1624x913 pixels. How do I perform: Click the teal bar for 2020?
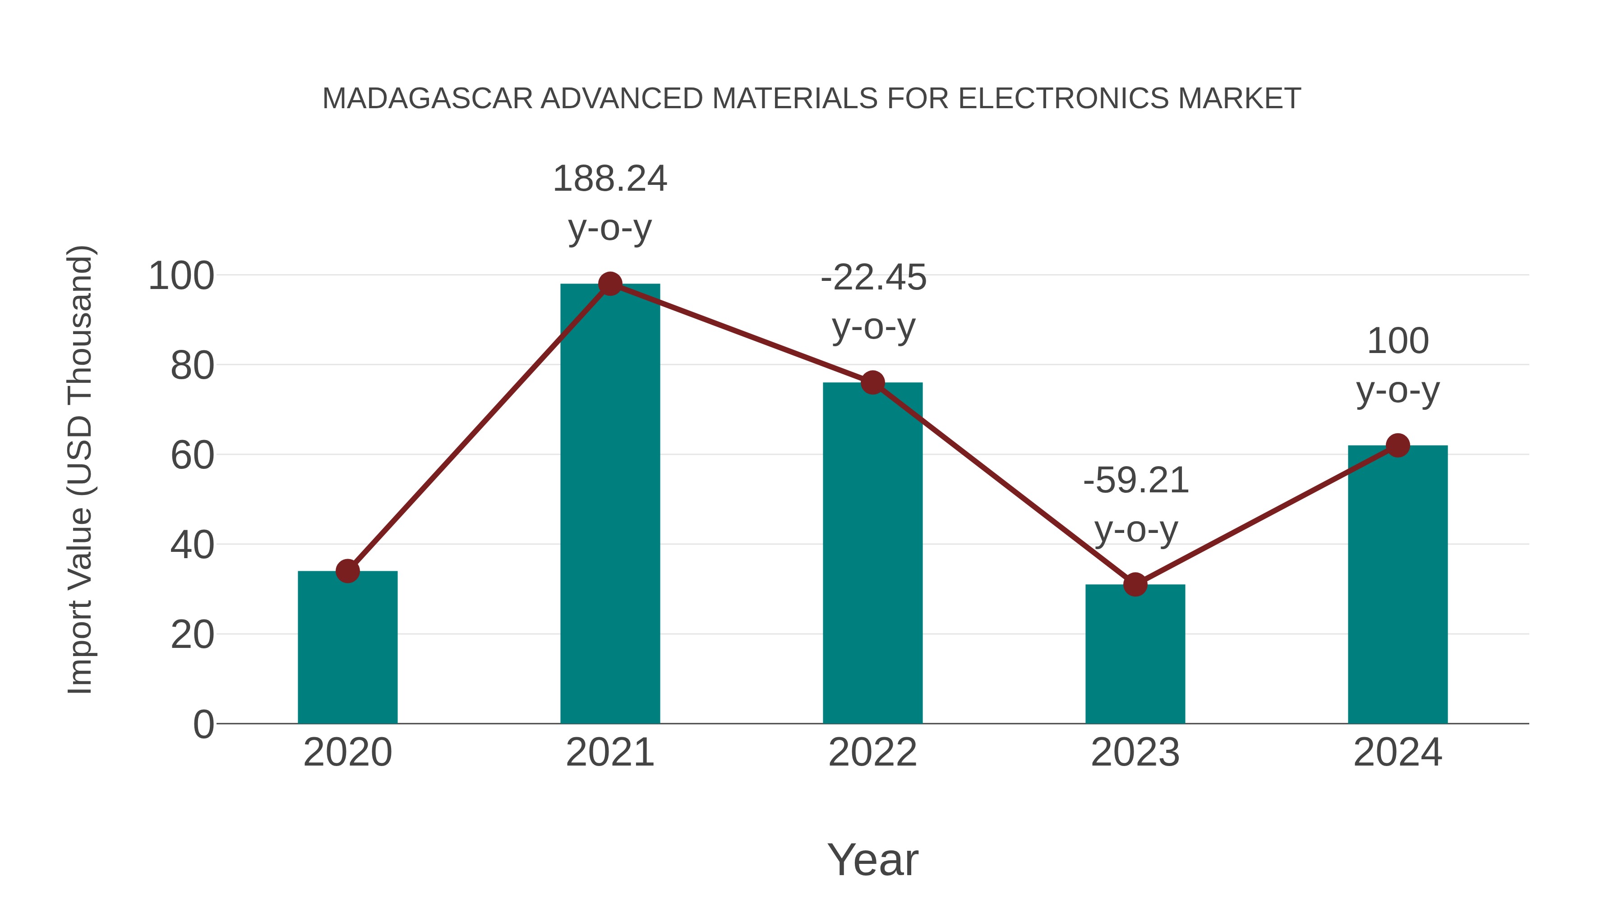tap(347, 649)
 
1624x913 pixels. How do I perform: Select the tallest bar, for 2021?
tap(609, 504)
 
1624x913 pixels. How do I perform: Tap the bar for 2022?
tap(872, 555)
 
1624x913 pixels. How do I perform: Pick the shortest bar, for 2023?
tap(1135, 655)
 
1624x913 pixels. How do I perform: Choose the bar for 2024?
tap(1398, 586)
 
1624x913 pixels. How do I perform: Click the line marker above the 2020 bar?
tap(347, 571)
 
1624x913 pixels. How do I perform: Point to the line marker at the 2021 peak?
tap(609, 284)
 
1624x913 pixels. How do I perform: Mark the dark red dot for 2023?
tap(1135, 585)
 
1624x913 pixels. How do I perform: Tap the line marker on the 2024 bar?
tap(1398, 445)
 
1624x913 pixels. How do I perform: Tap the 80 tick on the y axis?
tap(192, 366)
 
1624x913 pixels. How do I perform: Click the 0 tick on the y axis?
tap(203, 725)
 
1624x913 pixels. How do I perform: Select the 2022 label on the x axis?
tap(872, 752)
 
